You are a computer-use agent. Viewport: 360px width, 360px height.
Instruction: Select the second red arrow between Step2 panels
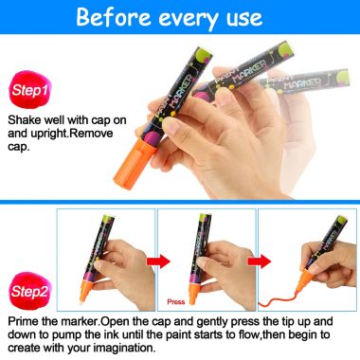(257, 261)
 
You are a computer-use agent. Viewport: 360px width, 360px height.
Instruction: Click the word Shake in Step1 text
(26, 120)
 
